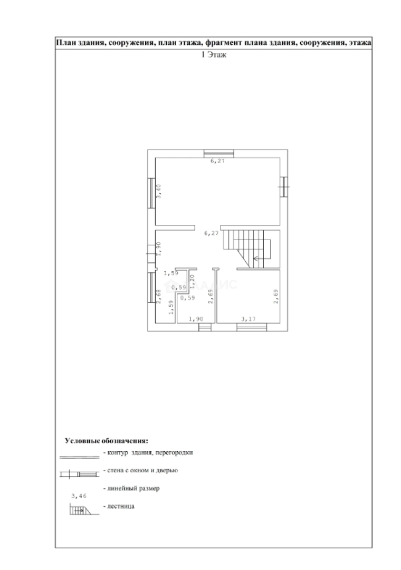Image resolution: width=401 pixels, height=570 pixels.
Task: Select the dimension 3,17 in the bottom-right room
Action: click(248, 319)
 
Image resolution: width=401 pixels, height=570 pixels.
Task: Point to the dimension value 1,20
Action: click(193, 280)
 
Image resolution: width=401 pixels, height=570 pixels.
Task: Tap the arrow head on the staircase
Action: click(255, 259)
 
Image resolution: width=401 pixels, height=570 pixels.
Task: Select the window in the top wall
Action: click(219, 154)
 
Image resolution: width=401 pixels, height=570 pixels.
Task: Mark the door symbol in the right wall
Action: click(284, 186)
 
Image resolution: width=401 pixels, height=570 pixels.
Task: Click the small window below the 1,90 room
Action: click(204, 327)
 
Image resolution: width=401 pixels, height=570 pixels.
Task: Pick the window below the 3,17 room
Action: click(251, 327)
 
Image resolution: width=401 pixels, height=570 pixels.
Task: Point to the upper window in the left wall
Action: click(151, 193)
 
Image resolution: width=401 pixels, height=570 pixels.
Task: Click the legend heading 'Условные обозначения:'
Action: click(106, 440)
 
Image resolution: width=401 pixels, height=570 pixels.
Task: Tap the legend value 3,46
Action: click(78, 497)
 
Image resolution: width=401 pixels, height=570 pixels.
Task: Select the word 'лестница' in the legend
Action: click(121, 507)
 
